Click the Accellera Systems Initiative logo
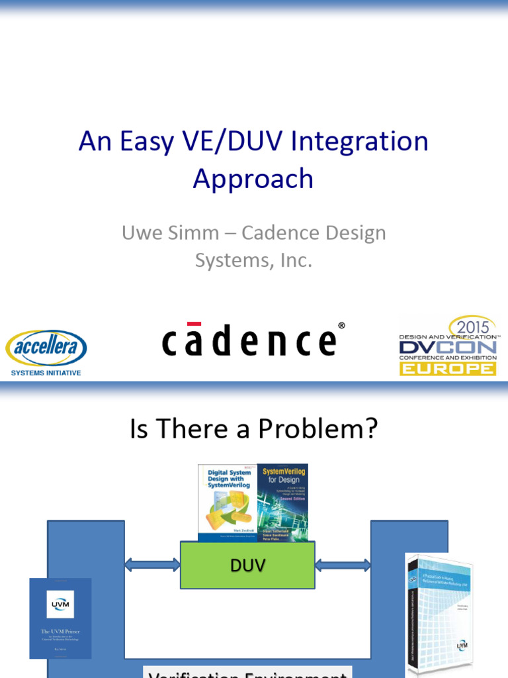46,352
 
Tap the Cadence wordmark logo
249,340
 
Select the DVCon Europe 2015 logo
448,346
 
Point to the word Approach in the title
253,179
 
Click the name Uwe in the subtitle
141,233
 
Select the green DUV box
247,565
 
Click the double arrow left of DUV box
152,565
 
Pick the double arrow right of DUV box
343,565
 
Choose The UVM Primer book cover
60,618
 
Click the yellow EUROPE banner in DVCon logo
447,368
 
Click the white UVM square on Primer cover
60,603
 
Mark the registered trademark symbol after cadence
341,325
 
